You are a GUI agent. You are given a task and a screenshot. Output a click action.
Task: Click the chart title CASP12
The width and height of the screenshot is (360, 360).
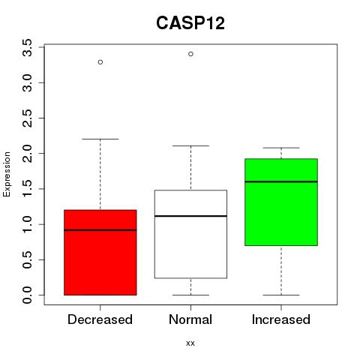pos(190,23)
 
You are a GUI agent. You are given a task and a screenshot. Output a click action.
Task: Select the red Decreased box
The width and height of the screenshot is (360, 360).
pos(100,253)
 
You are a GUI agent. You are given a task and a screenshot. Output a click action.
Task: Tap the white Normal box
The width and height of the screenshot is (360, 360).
pos(190,234)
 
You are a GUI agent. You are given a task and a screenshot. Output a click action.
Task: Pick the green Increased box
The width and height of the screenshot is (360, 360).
pos(281,202)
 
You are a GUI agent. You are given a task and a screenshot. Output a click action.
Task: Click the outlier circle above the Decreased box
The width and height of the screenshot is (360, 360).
pos(100,62)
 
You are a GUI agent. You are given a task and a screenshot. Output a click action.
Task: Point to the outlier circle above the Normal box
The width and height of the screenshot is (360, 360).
pos(190,54)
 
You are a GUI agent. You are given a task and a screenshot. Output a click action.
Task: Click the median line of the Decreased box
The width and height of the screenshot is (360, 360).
pos(100,230)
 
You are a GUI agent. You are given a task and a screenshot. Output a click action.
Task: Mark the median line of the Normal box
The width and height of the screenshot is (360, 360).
pos(190,216)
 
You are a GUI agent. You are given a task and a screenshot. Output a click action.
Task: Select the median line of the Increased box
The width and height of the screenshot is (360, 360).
pos(281,181)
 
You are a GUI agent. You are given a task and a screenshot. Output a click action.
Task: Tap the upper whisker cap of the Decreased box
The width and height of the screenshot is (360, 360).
pos(100,139)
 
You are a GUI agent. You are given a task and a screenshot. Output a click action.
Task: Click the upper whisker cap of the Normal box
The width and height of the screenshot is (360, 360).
pos(190,145)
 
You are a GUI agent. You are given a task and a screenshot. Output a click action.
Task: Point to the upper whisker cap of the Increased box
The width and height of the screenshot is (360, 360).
pos(281,148)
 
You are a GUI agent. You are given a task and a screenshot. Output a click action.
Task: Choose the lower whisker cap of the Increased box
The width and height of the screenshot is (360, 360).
pos(281,295)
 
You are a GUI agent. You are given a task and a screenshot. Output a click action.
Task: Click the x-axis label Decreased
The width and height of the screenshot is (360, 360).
pos(100,319)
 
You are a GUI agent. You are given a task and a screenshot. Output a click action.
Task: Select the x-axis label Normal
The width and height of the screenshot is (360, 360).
pos(190,319)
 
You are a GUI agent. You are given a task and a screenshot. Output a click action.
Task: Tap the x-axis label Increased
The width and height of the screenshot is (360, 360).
pos(281,319)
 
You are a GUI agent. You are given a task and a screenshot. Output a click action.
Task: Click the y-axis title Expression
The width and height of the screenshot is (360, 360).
pos(7,174)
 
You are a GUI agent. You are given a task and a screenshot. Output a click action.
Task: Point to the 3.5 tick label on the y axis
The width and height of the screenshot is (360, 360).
pos(27,47)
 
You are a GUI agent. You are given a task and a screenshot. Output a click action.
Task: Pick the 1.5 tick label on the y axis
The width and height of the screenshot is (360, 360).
pos(27,189)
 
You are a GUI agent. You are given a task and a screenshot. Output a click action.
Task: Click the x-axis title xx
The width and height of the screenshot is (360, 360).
pos(190,343)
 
